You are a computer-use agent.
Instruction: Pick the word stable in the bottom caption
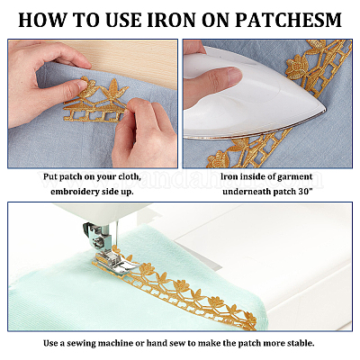(301, 343)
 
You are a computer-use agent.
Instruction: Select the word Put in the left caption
(50, 176)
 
